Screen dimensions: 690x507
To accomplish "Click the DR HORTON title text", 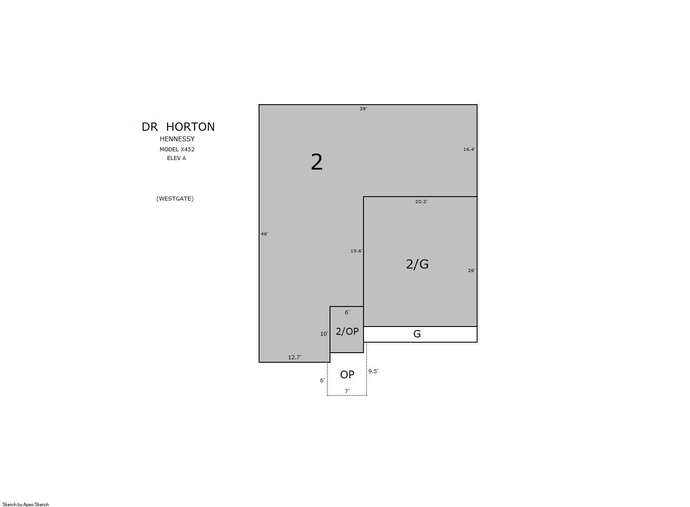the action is pyautogui.click(x=178, y=127).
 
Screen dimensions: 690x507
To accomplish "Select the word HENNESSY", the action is pyautogui.click(x=177, y=139).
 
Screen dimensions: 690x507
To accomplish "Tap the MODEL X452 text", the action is pyautogui.click(x=177, y=149).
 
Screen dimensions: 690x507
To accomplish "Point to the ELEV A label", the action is pyautogui.click(x=176, y=158).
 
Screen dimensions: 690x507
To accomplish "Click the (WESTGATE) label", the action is pyautogui.click(x=175, y=199).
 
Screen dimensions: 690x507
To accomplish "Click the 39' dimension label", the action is pyautogui.click(x=363, y=109).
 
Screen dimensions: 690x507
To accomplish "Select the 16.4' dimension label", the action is pyautogui.click(x=469, y=149).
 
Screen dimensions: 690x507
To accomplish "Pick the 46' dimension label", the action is pyautogui.click(x=264, y=234).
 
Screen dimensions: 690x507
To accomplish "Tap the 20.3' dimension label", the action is pyautogui.click(x=421, y=201).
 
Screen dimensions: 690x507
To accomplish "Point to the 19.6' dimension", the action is pyautogui.click(x=357, y=251).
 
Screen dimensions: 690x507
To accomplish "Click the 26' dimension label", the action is pyautogui.click(x=471, y=270).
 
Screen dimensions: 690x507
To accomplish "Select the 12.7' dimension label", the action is pyautogui.click(x=294, y=357).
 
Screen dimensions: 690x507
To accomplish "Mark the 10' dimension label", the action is pyautogui.click(x=324, y=333).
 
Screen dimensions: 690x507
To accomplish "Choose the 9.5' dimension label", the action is pyautogui.click(x=374, y=371).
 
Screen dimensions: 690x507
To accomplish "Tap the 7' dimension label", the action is pyautogui.click(x=347, y=391).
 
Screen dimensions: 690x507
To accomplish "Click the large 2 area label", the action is pyautogui.click(x=316, y=162).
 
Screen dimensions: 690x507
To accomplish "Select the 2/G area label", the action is pyautogui.click(x=417, y=264).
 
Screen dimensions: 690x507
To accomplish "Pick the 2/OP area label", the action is pyautogui.click(x=347, y=331).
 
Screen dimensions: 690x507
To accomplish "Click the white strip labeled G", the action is pyautogui.click(x=420, y=334).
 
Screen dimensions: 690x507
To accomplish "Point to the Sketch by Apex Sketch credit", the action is pyautogui.click(x=26, y=504).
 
